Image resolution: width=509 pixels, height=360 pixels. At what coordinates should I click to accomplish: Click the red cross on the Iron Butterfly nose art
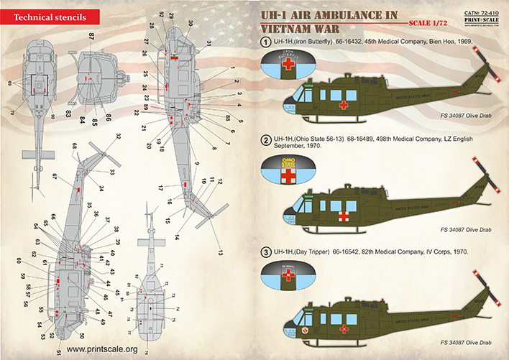288,65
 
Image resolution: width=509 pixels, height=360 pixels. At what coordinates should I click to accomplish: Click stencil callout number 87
92,35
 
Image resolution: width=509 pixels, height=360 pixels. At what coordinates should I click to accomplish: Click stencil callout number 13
221,252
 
